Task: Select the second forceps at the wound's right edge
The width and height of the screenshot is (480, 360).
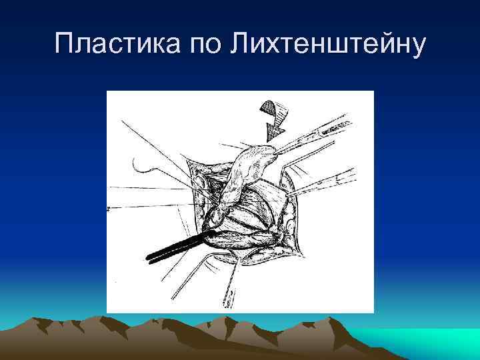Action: pyautogui.click(x=320, y=183)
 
